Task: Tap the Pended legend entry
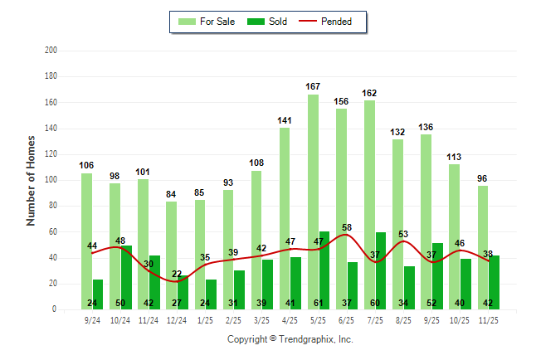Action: pyautogui.click(x=334, y=22)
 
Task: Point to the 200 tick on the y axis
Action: pyautogui.click(x=51, y=51)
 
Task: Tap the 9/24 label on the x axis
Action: pyautogui.click(x=93, y=319)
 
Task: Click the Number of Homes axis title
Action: pyautogui.click(x=31, y=180)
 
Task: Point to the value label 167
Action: pyautogui.click(x=313, y=86)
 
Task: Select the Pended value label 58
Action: pyautogui.click(x=347, y=227)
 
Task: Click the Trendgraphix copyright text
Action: pyautogui.click(x=290, y=339)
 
